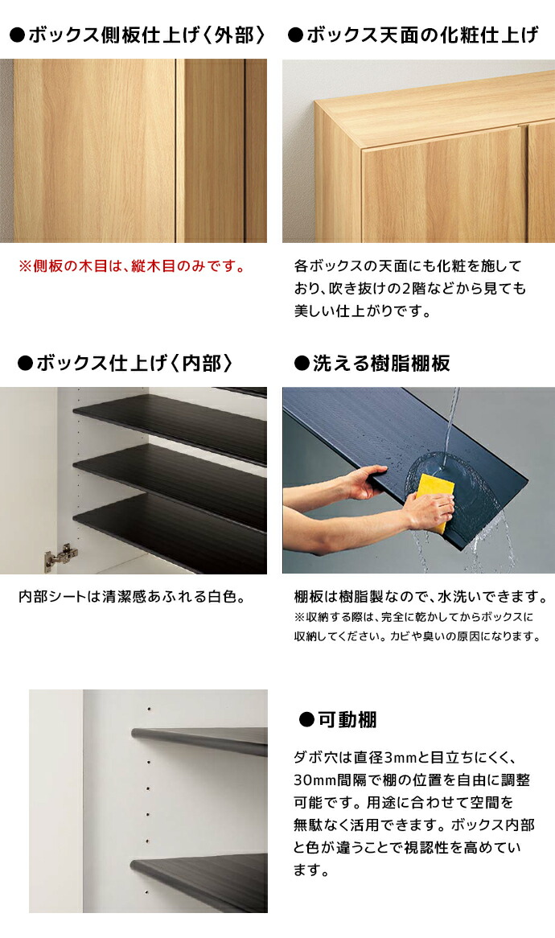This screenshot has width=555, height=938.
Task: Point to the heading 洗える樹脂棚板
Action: point(372,364)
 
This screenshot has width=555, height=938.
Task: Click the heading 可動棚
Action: point(337,719)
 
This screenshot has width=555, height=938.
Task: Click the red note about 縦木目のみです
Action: point(132,265)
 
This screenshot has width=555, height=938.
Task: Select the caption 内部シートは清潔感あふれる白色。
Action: point(131,598)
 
